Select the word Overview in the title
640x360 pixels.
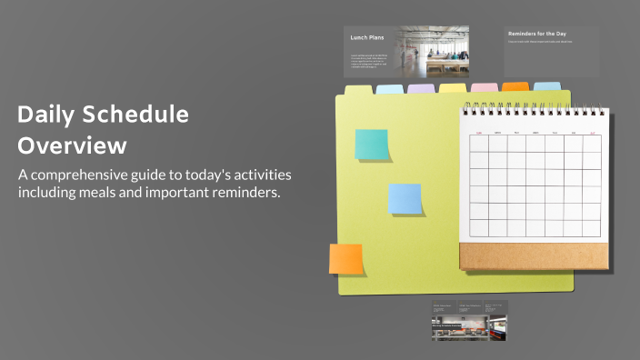(x=73, y=145)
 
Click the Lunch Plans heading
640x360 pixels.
(x=366, y=38)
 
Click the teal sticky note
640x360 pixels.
(x=371, y=145)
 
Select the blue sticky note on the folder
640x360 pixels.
(x=405, y=198)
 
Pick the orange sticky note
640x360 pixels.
(x=345, y=258)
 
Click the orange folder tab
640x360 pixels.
(x=515, y=86)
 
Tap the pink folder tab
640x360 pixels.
(x=485, y=87)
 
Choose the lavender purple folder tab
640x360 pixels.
(x=421, y=88)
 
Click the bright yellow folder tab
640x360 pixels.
(x=453, y=88)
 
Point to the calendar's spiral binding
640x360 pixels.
(x=534, y=109)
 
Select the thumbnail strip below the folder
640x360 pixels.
(x=468, y=321)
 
